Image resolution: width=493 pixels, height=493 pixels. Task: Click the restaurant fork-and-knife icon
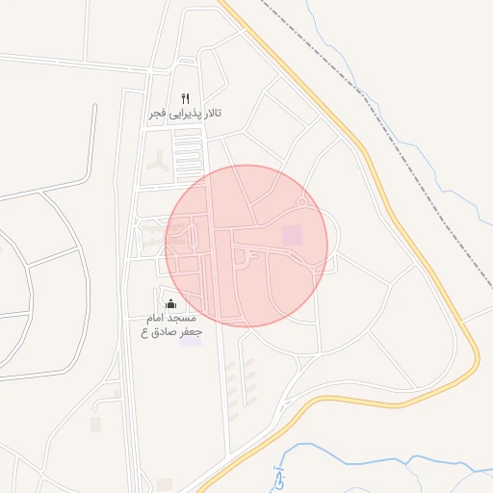186,98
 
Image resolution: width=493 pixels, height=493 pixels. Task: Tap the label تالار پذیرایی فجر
185,114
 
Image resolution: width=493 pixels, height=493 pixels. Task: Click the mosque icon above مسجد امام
171,303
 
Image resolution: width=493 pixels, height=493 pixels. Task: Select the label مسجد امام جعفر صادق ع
169,324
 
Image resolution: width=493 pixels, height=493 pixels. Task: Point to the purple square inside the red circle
291,234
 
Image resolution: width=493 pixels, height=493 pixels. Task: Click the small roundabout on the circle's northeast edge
301,202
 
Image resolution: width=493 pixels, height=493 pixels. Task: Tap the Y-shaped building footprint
156,166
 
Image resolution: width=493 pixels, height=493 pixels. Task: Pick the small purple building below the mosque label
192,341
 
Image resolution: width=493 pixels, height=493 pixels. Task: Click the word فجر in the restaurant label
157,114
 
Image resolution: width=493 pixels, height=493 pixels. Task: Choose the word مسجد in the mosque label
183,318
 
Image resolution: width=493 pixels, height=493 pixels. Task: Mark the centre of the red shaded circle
246,245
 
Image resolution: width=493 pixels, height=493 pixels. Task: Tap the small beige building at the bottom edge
165,484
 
